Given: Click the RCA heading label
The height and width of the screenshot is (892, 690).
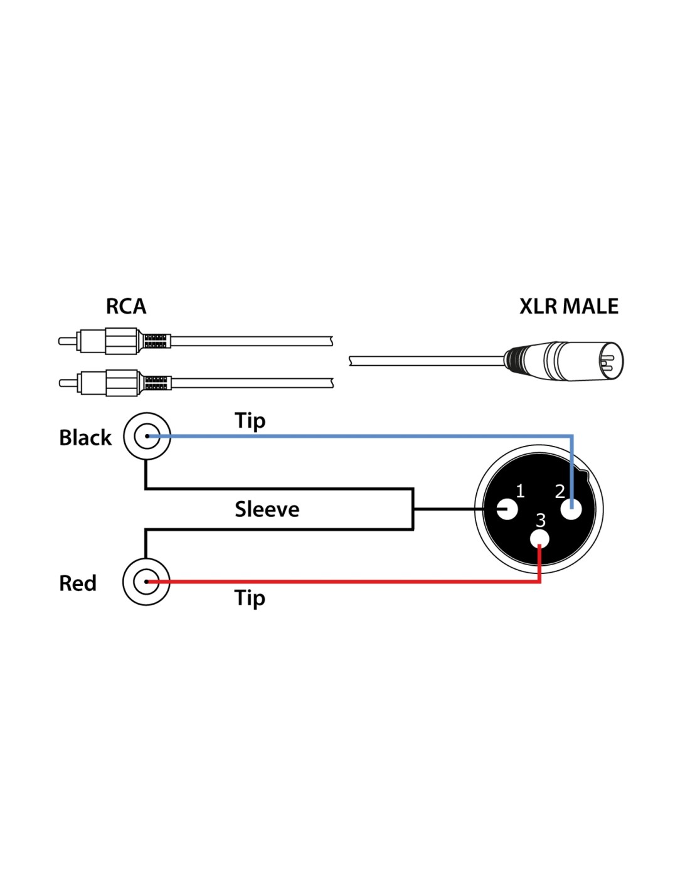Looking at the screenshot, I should click(125, 306).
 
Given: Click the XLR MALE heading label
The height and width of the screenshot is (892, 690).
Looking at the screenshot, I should click(568, 306).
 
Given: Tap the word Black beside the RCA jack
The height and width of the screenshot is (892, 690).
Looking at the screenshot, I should click(85, 437).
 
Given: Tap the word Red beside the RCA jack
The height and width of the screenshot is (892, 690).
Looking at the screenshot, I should click(78, 583).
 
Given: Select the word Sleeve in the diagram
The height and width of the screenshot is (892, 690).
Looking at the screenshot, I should click(267, 509).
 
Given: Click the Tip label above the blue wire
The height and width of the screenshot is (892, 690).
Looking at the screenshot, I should click(250, 420).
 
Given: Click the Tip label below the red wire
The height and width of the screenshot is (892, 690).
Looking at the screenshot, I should click(250, 598).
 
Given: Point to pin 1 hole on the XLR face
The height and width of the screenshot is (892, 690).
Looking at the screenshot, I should click(506, 509).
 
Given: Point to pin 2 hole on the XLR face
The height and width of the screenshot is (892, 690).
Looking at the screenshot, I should click(571, 509).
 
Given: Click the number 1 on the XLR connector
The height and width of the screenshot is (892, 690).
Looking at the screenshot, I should click(519, 491).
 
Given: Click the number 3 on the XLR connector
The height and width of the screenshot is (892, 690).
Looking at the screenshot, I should click(541, 520).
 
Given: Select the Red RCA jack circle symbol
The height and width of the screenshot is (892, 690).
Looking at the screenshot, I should click(146, 582).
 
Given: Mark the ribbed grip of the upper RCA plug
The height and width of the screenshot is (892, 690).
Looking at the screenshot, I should click(155, 341).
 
